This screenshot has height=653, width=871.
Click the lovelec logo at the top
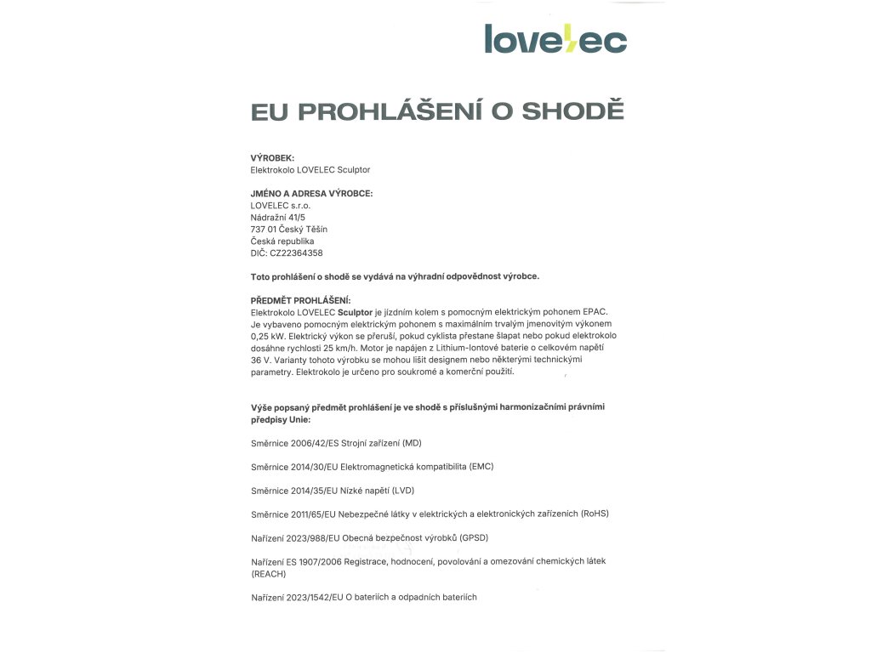[555, 38]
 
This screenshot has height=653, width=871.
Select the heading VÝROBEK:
[272, 158]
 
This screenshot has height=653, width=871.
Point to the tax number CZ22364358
[296, 253]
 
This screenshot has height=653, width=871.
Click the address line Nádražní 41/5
[278, 218]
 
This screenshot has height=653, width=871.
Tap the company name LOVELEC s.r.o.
[281, 206]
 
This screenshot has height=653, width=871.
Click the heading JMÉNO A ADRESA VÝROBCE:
[311, 194]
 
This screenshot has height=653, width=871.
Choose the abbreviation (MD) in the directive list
[410, 444]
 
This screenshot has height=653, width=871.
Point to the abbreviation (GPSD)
[473, 538]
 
